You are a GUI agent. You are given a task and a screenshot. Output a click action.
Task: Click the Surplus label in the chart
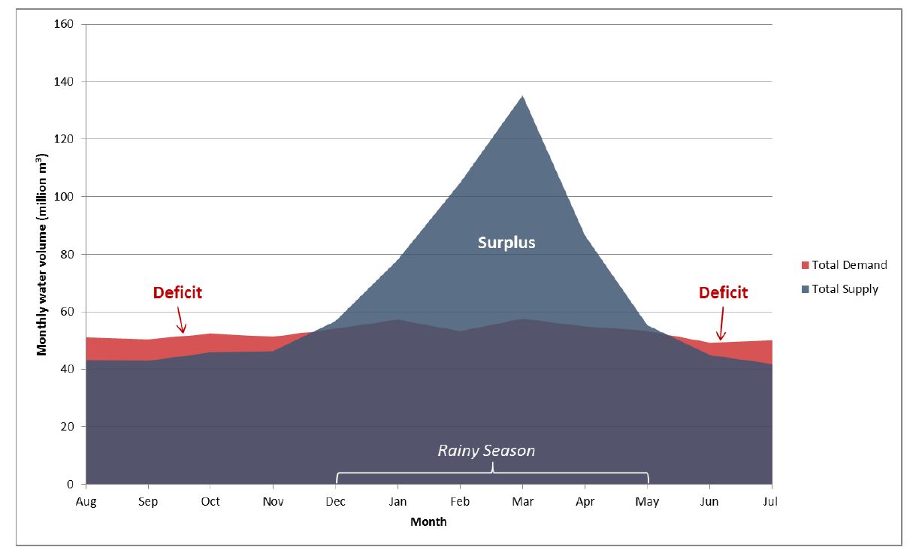(506, 243)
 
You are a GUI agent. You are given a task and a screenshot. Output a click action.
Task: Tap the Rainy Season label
(486, 451)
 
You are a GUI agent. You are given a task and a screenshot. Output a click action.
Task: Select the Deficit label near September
(177, 292)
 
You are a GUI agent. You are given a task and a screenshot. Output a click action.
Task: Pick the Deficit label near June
(723, 292)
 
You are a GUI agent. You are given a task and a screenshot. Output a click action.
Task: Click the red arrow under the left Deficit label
(180, 323)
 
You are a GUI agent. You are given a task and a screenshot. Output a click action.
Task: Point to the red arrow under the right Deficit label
(720, 331)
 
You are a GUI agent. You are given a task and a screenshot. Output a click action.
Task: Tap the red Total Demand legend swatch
(805, 265)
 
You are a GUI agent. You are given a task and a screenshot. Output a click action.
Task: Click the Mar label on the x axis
(523, 501)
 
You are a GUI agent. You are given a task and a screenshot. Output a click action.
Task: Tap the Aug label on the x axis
(86, 501)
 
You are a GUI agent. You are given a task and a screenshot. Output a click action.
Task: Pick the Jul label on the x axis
(771, 501)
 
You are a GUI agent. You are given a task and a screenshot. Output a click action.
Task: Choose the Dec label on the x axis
(336, 501)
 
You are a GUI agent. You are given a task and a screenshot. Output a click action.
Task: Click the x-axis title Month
(428, 521)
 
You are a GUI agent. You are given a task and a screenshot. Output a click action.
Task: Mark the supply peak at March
(523, 96)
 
